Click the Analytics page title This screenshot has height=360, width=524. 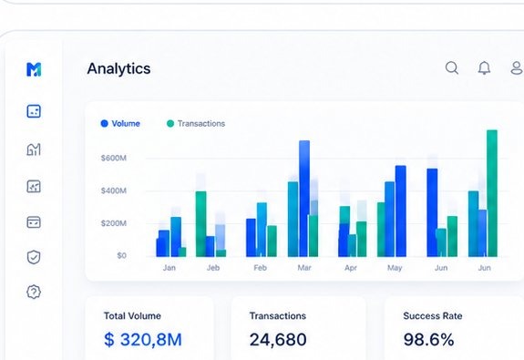click(118, 68)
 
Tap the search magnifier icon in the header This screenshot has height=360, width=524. click(452, 68)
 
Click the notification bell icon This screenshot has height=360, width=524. click(484, 68)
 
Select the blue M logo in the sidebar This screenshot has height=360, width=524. click(34, 69)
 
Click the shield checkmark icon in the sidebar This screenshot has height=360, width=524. click(34, 257)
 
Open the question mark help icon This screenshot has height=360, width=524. click(34, 293)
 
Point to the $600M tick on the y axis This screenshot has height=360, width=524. click(114, 158)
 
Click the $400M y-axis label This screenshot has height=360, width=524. click(114, 190)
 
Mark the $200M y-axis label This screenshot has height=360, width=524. click(114, 223)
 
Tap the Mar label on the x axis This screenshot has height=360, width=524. click(304, 268)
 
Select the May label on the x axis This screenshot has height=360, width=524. click(395, 268)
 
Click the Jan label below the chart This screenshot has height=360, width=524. click(170, 268)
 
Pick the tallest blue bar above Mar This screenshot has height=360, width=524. click(304, 196)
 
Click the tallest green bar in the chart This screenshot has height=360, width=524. click(492, 191)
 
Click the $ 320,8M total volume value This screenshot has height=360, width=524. click(143, 340)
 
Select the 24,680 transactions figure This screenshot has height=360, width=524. click(278, 340)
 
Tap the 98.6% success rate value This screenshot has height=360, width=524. click(428, 340)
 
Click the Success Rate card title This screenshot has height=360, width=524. click(432, 316)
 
